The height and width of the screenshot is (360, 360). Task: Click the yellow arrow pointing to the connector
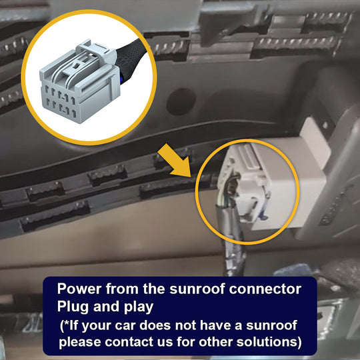175,161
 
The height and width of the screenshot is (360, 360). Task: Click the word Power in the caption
79,289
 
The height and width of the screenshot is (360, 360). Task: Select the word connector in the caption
265,289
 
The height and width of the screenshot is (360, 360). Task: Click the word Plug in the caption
73,307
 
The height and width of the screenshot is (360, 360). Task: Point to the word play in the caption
139,307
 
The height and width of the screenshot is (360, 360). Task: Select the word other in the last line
215,341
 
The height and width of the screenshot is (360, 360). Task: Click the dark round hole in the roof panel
181,101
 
